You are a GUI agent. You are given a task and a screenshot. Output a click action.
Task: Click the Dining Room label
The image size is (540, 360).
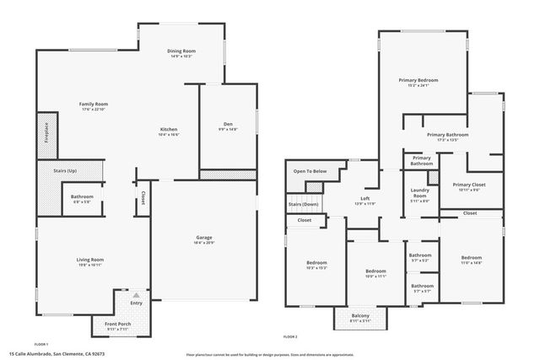181,51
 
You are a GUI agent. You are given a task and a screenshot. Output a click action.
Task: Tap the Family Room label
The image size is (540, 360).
94,105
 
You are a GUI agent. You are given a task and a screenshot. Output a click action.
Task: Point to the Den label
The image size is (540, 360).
228,124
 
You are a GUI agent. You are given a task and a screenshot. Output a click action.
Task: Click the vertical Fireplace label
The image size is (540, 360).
46,137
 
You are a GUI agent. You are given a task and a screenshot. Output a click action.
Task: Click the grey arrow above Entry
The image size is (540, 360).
136,294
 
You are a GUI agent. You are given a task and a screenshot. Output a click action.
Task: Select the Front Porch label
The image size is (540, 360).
116,325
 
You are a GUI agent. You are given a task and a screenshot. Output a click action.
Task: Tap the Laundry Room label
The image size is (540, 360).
419,195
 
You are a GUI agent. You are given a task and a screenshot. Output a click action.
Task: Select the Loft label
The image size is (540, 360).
365,199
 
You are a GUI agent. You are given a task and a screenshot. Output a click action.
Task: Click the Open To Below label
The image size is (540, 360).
310,171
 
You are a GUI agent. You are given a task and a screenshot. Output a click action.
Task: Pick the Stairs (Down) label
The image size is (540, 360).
304,204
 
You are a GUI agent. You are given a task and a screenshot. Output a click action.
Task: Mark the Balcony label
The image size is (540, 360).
360,316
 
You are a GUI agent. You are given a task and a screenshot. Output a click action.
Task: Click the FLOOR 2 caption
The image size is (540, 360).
290,336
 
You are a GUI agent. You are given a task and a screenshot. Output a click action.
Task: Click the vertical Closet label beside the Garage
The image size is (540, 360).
143,198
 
